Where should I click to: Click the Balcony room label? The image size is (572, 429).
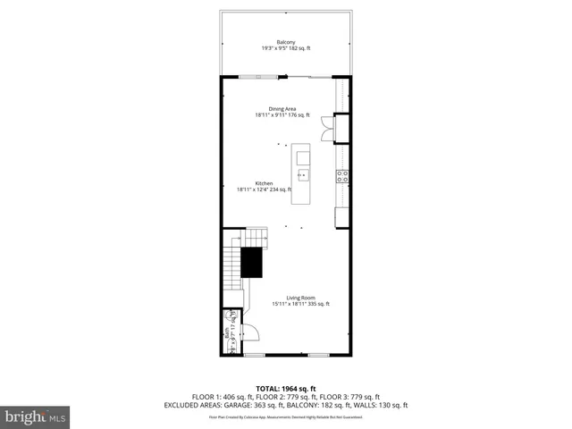pyautogui.click(x=285, y=42)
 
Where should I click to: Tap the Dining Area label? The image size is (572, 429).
pyautogui.click(x=282, y=109)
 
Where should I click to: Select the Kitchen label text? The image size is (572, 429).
pyautogui.click(x=264, y=183)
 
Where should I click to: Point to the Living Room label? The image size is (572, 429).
pyautogui.click(x=300, y=298)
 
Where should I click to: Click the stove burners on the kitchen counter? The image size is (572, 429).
pyautogui.click(x=341, y=176)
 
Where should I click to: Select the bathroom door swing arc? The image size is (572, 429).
pyautogui.click(x=251, y=332)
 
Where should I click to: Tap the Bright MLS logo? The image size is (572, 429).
pyautogui.click(x=35, y=416)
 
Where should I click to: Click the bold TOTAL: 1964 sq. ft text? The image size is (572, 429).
pyautogui.click(x=285, y=389)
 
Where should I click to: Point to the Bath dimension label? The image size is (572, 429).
pyautogui.click(x=231, y=332)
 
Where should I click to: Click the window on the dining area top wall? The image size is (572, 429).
pyautogui.click(x=258, y=78)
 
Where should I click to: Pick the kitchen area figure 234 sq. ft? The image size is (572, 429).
pyautogui.click(x=292, y=189)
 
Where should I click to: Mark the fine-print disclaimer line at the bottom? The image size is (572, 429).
pyautogui.click(x=285, y=416)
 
